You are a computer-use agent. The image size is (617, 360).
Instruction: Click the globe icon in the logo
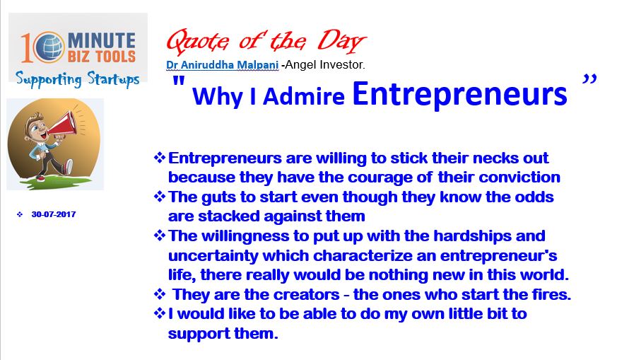click(x=49, y=47)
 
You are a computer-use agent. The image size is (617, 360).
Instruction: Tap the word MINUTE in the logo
click(x=102, y=40)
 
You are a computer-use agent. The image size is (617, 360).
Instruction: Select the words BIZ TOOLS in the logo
click(x=102, y=57)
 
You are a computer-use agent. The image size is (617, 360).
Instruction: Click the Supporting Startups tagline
click(x=78, y=79)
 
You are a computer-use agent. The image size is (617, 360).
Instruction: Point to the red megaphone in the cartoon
click(x=62, y=124)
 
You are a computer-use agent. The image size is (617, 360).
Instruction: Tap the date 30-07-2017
click(x=54, y=214)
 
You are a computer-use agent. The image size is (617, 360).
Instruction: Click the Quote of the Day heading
click(x=266, y=41)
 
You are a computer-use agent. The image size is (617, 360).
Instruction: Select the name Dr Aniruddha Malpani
click(x=223, y=64)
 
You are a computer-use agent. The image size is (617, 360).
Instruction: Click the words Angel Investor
click(x=324, y=64)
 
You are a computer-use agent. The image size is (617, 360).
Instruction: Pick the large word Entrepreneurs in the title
click(x=459, y=94)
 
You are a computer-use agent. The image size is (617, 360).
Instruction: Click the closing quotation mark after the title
click(x=589, y=79)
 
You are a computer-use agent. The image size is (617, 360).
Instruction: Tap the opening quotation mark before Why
click(x=179, y=81)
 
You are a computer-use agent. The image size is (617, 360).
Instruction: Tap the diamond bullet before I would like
click(x=159, y=313)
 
